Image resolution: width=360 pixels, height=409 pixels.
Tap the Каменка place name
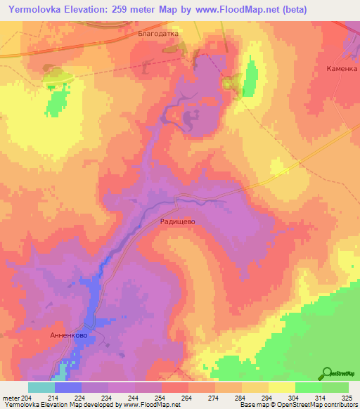(x=342, y=69)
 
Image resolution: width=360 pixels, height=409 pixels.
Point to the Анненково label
(x=69, y=335)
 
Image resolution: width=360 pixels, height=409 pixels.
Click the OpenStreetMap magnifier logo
(x=328, y=373)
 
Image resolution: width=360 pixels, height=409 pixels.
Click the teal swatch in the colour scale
(x=41, y=387)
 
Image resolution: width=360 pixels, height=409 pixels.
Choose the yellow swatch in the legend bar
(x=282, y=387)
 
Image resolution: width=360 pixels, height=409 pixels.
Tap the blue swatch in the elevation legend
(x=68, y=387)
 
